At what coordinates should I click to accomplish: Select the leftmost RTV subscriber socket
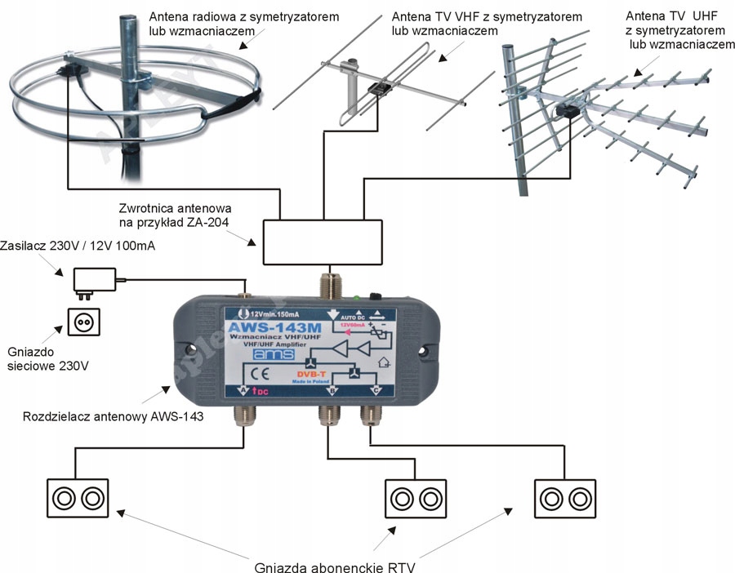point(78,497)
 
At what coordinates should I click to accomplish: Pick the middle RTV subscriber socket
point(416,497)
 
